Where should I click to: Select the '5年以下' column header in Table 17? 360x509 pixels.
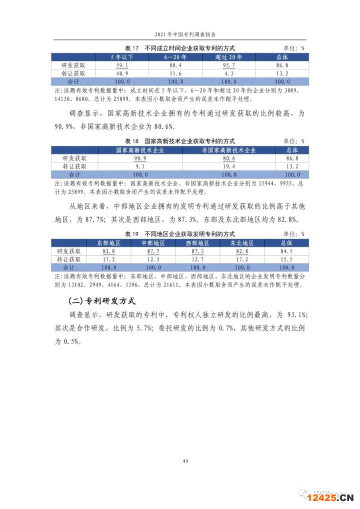click(122, 57)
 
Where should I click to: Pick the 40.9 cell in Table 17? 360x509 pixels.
click(122, 73)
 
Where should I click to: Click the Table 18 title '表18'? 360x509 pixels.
click(131, 142)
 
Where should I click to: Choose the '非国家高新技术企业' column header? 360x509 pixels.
click(228, 150)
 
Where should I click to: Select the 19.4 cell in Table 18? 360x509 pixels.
click(228, 166)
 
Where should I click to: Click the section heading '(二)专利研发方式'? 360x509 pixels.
click(101, 301)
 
